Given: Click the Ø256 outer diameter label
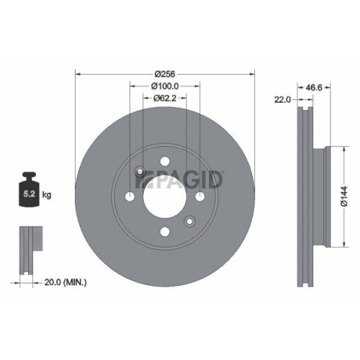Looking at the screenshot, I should pyautogui.click(x=166, y=73).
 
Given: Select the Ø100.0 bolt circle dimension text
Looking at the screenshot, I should pyautogui.click(x=166, y=86).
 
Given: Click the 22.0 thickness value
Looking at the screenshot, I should pyautogui.click(x=282, y=99).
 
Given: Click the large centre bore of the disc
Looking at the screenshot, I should pyautogui.click(x=165, y=196).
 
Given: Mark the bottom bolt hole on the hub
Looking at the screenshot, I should pyautogui.click(x=165, y=230).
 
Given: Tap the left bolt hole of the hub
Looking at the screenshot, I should pyautogui.click(x=130, y=196).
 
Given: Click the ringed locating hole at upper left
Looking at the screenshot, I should pyautogui.click(x=140, y=171).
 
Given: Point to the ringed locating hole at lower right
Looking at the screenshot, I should pyautogui.click(x=189, y=220).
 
